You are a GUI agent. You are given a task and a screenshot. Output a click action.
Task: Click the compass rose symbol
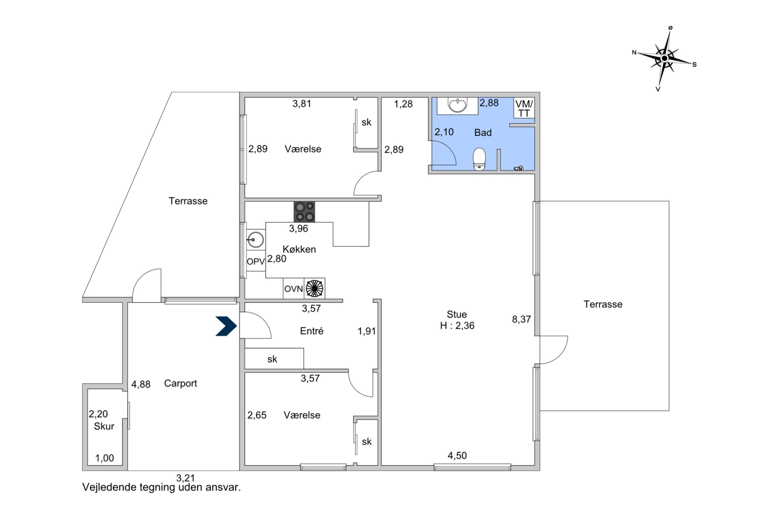(664, 58)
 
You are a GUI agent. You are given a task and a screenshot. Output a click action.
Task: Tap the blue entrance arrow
(226, 326)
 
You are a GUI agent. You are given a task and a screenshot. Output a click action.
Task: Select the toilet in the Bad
(479, 159)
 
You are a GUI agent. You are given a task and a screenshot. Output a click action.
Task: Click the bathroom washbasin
(457, 105)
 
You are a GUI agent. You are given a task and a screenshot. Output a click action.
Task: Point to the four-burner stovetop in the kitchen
(304, 212)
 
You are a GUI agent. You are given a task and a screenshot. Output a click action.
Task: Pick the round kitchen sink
(256, 239)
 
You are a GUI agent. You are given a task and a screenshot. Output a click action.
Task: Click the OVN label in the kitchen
(293, 289)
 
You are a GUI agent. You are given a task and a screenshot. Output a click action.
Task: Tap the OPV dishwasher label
(256, 261)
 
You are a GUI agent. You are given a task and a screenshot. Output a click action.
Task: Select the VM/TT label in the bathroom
(524, 109)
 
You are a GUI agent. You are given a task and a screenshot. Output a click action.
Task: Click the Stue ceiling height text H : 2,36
(457, 325)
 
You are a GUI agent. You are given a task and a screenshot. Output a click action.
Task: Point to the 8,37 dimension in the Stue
(521, 319)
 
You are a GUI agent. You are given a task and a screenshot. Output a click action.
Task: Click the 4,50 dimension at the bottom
(457, 456)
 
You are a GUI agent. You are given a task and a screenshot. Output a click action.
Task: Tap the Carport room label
(180, 383)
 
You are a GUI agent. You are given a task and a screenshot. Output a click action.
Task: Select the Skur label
(104, 426)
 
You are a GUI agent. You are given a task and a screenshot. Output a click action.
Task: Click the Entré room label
(312, 331)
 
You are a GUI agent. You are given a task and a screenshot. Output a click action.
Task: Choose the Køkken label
(299, 249)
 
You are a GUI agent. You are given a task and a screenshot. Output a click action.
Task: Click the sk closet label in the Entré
(272, 359)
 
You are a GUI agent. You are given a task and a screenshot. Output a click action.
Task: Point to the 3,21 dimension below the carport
(186, 478)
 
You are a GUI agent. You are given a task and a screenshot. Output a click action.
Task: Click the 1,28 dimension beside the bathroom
(403, 104)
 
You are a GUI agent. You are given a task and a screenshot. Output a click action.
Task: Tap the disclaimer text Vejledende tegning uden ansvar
(162, 487)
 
